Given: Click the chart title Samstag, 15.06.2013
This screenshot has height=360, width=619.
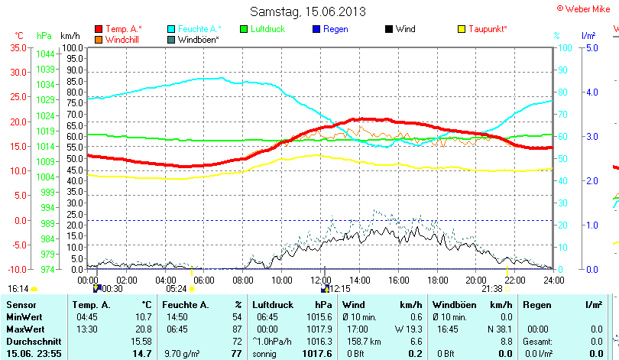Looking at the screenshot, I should coord(308,11).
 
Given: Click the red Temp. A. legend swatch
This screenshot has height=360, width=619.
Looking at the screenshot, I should coord(99,29).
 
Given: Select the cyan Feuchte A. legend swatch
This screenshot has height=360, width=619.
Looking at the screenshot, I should coord(171,29).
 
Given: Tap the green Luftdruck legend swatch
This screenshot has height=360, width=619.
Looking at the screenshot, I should coord(244,29).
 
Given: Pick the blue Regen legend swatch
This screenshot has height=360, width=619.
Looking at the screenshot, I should coord(317,29).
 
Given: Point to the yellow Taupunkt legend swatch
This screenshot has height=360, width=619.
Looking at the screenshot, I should coord(462,29).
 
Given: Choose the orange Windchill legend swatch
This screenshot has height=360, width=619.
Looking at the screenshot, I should coord(99,39).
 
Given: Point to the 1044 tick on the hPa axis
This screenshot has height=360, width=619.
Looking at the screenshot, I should coord(45,54).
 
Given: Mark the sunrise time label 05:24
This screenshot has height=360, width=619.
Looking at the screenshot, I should coord(176,289).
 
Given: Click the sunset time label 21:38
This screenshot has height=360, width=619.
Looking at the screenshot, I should coord(492,289).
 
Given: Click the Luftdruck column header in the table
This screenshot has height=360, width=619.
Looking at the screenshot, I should coord(273,305).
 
